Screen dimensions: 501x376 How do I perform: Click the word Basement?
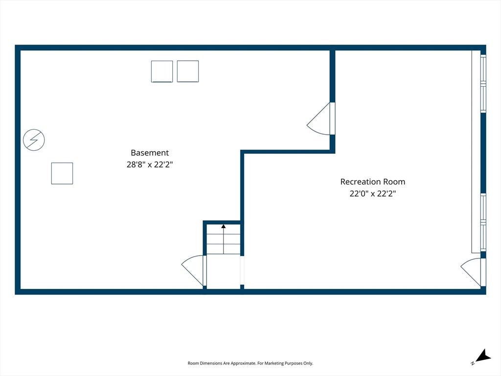[x=150, y=153]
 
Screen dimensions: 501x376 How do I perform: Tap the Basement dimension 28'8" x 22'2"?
[x=150, y=164]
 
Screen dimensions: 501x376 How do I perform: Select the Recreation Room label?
[x=372, y=182]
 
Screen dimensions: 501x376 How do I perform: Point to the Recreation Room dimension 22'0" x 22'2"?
[x=372, y=193]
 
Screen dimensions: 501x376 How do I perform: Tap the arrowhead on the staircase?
[x=223, y=226]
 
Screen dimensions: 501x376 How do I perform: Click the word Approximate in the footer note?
[x=243, y=363]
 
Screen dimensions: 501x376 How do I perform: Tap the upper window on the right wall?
[x=483, y=84]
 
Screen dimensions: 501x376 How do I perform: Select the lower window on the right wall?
[x=483, y=222]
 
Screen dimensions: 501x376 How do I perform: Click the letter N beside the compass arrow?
[x=472, y=363]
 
